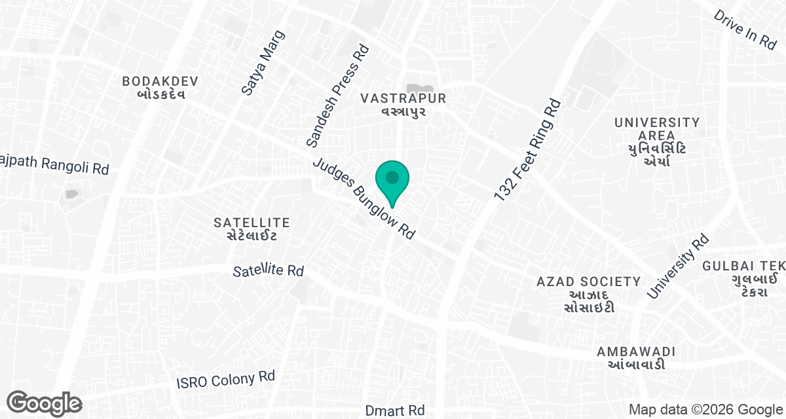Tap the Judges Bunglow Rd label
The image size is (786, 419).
364,199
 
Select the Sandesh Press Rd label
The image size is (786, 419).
338,96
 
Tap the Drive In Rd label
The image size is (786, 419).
745,29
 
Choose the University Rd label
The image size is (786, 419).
678,267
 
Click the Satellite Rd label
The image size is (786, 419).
269,270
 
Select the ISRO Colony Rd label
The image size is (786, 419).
227,380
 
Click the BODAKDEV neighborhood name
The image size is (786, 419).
160,87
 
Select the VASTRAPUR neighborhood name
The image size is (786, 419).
403,104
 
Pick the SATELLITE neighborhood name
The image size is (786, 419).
252,228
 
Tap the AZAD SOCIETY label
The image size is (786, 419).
588,294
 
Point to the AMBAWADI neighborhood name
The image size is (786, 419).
635,357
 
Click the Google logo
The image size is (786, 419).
44,403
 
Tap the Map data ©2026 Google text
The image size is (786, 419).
705,410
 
